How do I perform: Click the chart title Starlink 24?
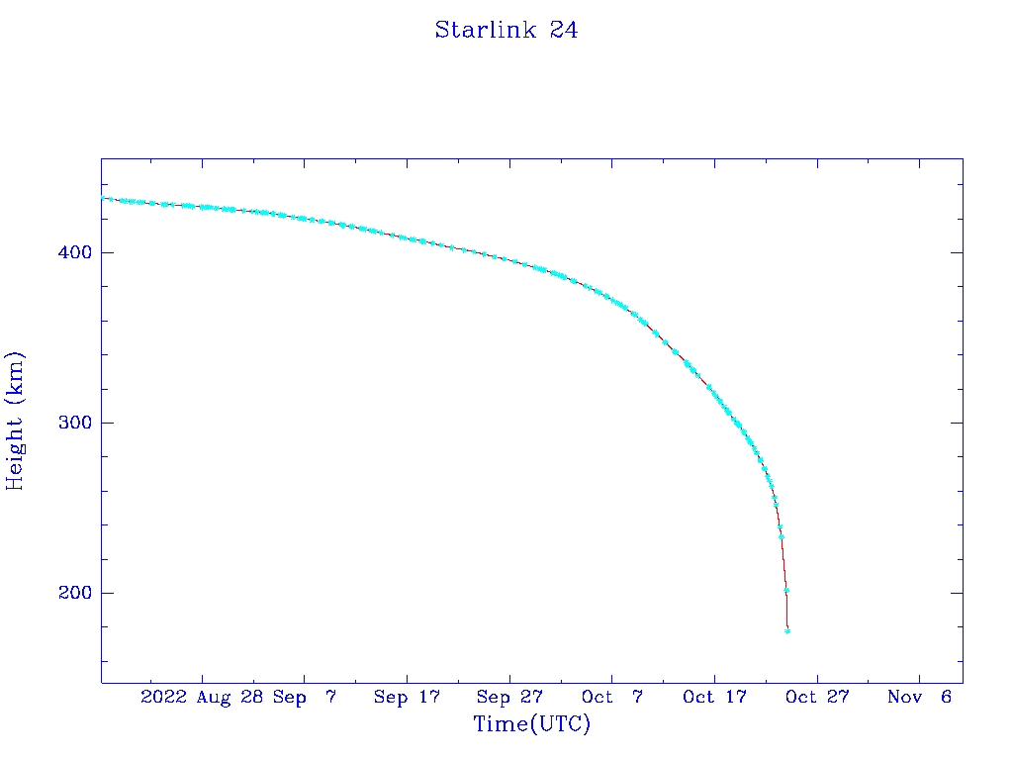(506, 31)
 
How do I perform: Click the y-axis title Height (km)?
(16, 421)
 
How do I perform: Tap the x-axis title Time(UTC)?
(531, 724)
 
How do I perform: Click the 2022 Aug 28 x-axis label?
(202, 697)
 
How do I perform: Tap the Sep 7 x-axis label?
(305, 697)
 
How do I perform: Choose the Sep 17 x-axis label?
(407, 697)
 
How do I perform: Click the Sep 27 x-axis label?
(509, 697)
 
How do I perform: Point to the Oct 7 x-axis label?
(612, 697)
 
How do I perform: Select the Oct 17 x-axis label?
(714, 697)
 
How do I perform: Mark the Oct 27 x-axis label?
(817, 697)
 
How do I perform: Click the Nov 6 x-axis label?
(919, 697)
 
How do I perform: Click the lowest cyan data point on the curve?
(787, 630)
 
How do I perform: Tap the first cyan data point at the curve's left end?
(103, 198)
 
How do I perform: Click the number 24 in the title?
(564, 31)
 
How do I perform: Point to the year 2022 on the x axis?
(164, 697)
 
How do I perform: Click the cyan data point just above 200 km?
(786, 590)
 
